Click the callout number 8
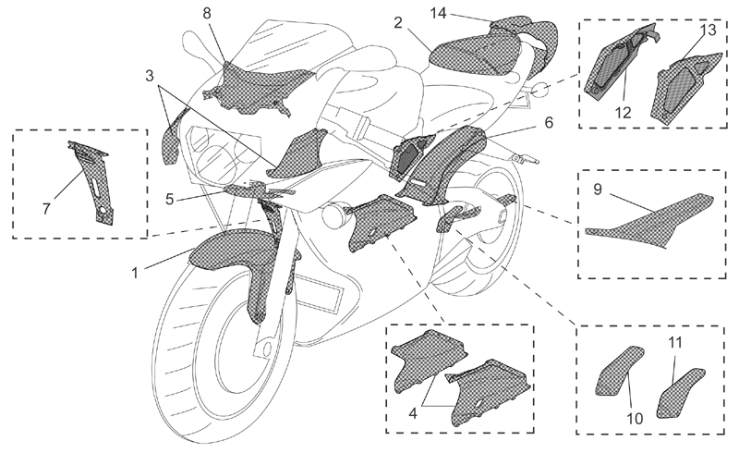point(207,13)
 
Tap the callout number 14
point(438,13)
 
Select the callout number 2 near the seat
point(399,22)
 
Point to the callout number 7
point(46,208)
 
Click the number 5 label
point(170,199)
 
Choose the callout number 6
point(549,122)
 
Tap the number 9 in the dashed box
point(598,190)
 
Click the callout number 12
point(623,112)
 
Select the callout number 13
point(708,30)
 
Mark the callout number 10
point(636,418)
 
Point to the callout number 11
point(675,343)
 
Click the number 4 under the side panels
point(413,413)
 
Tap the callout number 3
point(150,76)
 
